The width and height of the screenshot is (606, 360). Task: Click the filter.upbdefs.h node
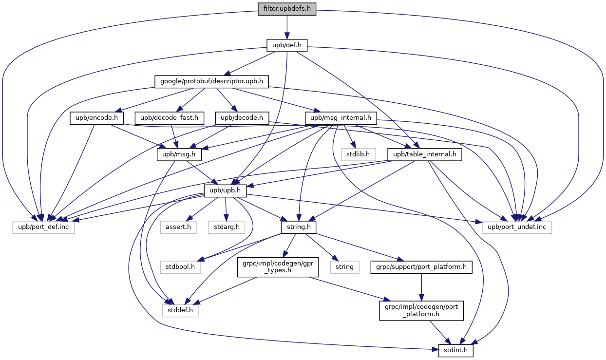(x=287, y=9)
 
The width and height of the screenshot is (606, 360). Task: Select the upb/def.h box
(x=287, y=46)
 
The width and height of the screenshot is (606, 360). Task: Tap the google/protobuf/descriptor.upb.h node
(x=212, y=81)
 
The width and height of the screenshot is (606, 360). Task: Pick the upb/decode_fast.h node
(x=169, y=117)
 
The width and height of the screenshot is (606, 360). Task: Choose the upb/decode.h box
(x=242, y=117)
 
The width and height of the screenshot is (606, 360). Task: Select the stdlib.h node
(x=358, y=154)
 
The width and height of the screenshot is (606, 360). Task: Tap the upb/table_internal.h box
(x=424, y=154)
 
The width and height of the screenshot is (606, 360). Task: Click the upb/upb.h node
(x=225, y=190)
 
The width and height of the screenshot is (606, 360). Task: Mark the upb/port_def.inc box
(x=44, y=227)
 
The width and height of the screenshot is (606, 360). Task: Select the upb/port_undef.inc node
(x=517, y=227)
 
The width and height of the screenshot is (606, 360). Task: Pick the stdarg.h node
(x=227, y=227)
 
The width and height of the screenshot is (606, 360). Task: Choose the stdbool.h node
(x=180, y=267)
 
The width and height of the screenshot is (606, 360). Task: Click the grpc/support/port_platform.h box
(x=421, y=267)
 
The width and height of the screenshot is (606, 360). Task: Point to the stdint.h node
(x=456, y=351)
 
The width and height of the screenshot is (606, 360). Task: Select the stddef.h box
(x=180, y=310)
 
